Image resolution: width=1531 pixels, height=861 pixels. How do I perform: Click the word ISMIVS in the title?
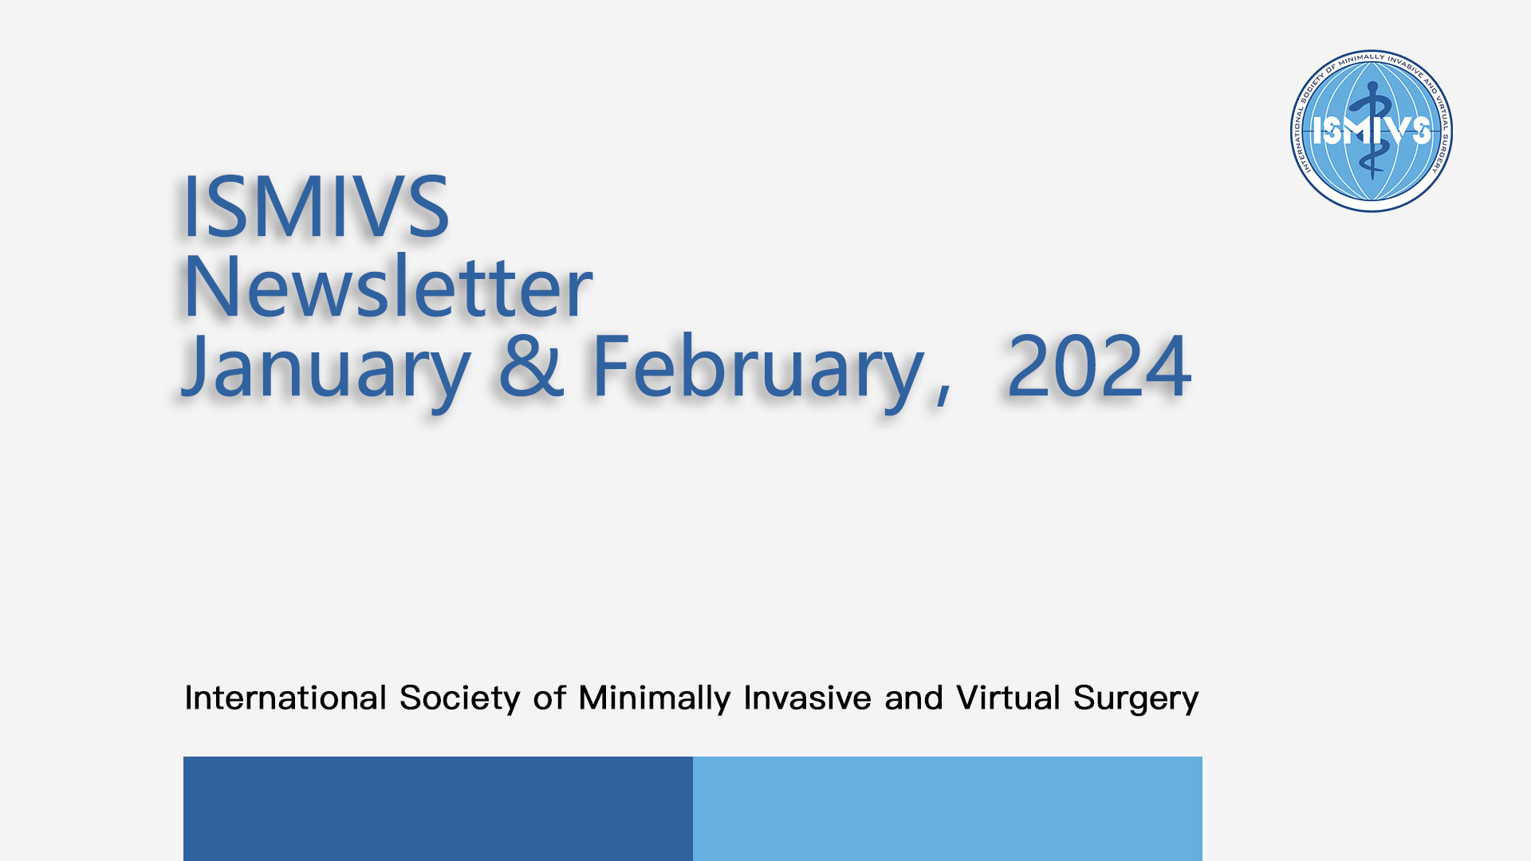[x=316, y=206]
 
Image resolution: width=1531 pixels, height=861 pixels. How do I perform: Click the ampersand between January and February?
[x=532, y=366]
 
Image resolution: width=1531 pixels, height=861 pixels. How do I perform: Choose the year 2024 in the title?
[x=1099, y=366]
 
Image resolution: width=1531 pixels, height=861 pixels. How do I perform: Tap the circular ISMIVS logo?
[x=1372, y=131]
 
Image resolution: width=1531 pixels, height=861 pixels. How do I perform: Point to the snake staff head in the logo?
[x=1372, y=87]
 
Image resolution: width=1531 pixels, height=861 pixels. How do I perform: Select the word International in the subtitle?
[x=285, y=698]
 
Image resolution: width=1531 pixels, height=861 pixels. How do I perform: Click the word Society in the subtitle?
[x=460, y=699]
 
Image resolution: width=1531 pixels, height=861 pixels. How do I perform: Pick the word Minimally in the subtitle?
[x=655, y=699]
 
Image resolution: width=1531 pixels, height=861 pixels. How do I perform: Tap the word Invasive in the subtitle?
[x=807, y=698]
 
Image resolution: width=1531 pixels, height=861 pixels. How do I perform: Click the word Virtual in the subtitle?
[x=1009, y=698]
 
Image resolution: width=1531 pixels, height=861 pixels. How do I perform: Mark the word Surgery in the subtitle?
[x=1136, y=699]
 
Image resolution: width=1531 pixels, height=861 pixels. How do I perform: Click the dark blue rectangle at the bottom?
[x=438, y=808]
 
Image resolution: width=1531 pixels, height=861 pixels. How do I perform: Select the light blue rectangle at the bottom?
[x=947, y=808]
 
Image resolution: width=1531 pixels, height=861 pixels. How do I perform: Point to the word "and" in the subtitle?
[x=914, y=698]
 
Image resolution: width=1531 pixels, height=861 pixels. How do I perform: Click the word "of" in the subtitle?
[x=549, y=698]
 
